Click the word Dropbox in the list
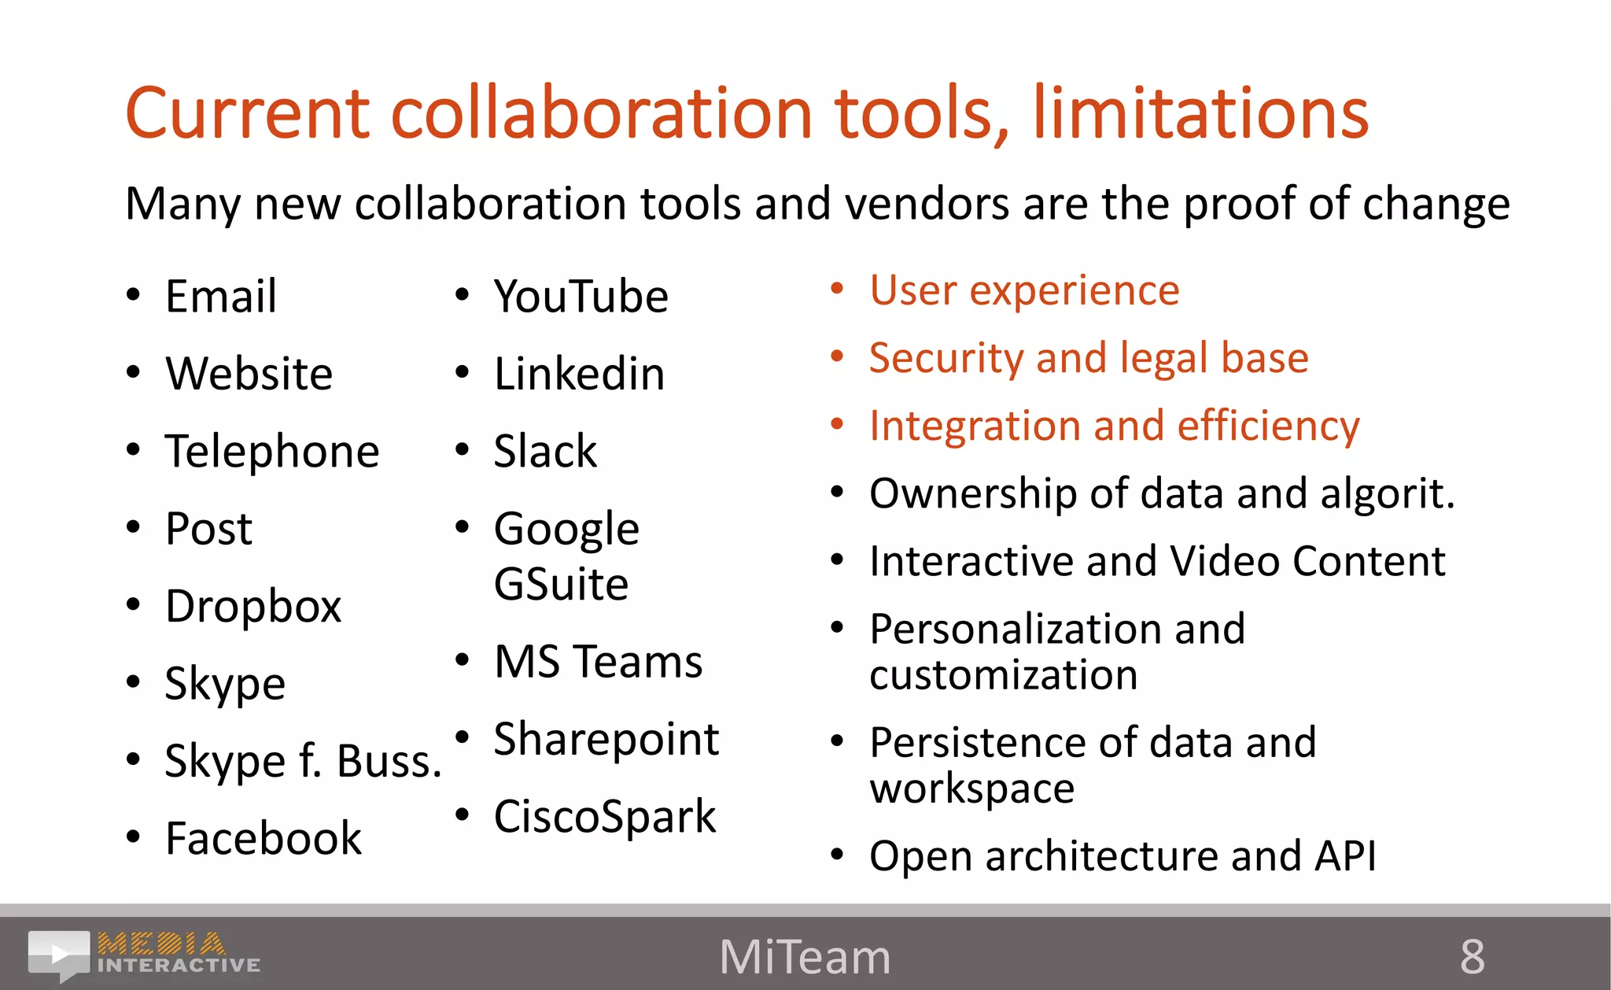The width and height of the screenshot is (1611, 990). point(253,607)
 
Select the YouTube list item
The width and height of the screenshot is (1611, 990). point(581,297)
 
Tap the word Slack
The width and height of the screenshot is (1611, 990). point(545,452)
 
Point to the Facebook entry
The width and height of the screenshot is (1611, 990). point(264,838)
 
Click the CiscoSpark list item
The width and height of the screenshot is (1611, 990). point(605,817)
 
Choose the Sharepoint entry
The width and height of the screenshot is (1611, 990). point(606,739)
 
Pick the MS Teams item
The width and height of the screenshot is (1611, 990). point(598,661)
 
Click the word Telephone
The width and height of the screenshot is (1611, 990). point(272,452)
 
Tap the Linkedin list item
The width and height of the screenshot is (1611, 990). point(579,374)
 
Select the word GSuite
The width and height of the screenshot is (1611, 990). point(561,584)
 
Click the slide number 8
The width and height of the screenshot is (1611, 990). point(1472,957)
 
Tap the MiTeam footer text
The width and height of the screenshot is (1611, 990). point(805,957)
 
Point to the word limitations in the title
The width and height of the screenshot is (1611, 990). point(1200,114)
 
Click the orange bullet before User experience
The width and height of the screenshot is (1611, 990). point(837,290)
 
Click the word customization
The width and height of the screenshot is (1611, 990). point(1003,675)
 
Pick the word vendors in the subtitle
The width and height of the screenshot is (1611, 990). point(927,204)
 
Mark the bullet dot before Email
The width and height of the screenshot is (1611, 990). point(133,295)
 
